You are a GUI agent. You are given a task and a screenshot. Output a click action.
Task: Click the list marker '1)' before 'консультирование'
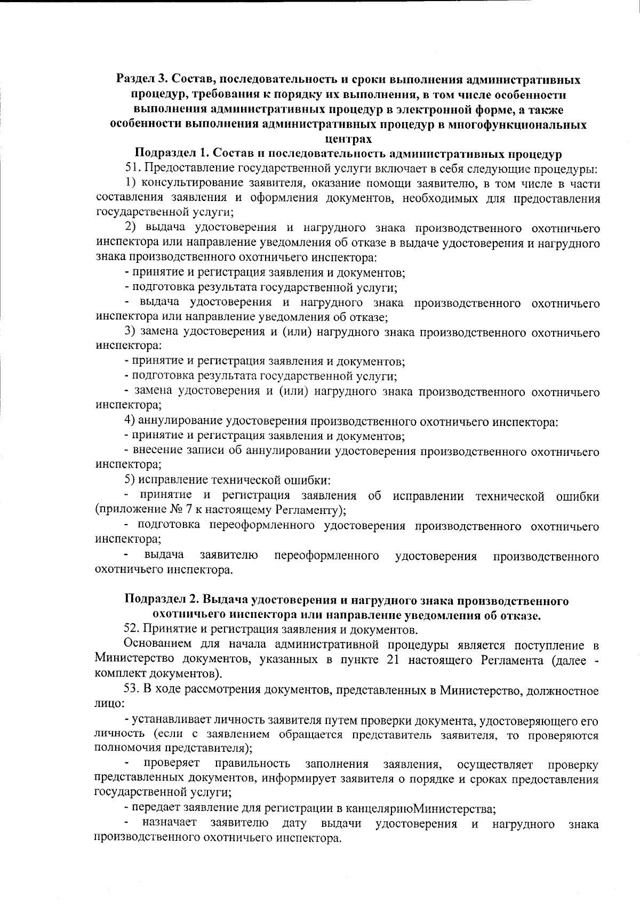coord(132,184)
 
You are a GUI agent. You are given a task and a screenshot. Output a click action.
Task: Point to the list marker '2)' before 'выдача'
coord(132,229)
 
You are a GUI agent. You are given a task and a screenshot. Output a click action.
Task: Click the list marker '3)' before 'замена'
coord(132,333)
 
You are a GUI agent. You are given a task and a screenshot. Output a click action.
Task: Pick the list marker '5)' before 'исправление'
coord(132,481)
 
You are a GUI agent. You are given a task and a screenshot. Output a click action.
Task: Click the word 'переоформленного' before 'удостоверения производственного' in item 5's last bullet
coord(326,556)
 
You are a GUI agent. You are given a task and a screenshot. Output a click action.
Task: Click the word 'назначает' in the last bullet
coord(171,824)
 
